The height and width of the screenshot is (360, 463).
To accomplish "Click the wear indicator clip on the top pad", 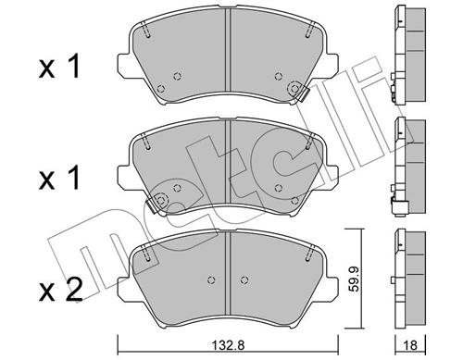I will click(297, 90).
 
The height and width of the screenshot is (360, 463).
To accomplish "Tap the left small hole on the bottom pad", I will click(211, 281).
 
